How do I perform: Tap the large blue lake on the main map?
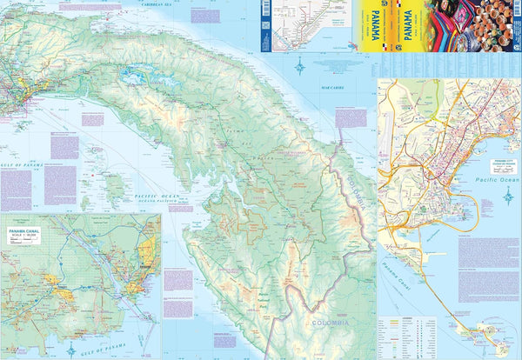click(x=137, y=77)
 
